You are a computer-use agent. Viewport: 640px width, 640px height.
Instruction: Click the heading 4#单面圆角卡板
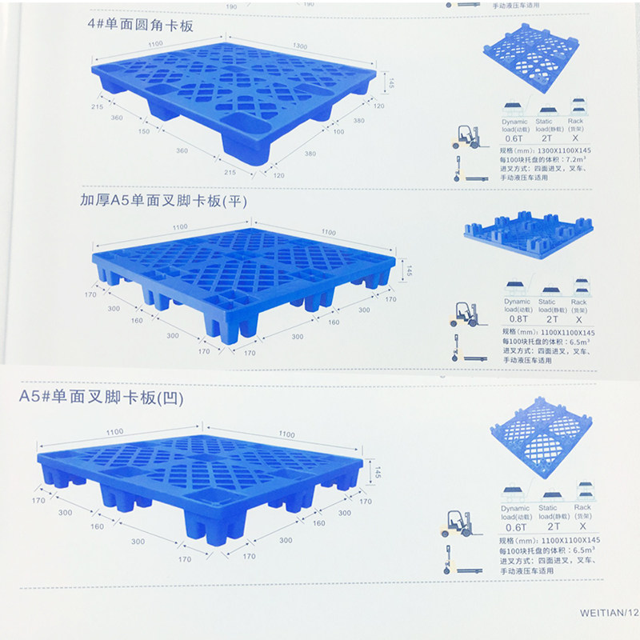point(141,26)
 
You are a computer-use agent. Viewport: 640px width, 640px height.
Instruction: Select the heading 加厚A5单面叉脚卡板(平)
point(162,200)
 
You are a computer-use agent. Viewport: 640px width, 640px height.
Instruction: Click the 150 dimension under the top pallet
point(144,132)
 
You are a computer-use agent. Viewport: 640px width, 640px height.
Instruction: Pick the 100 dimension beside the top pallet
point(338,131)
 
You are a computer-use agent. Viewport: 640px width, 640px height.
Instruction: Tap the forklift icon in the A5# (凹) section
point(458,522)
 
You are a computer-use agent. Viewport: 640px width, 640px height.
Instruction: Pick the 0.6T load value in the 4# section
point(514,138)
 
